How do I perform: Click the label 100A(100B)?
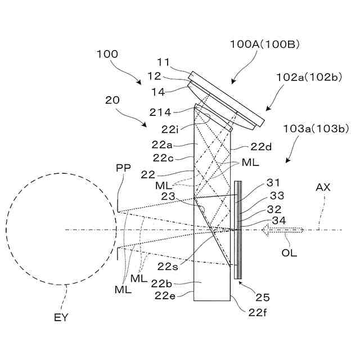264,43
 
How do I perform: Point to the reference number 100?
107,55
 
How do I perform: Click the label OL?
289,253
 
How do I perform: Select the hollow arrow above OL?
281,229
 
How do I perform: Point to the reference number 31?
272,183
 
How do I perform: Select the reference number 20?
112,100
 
